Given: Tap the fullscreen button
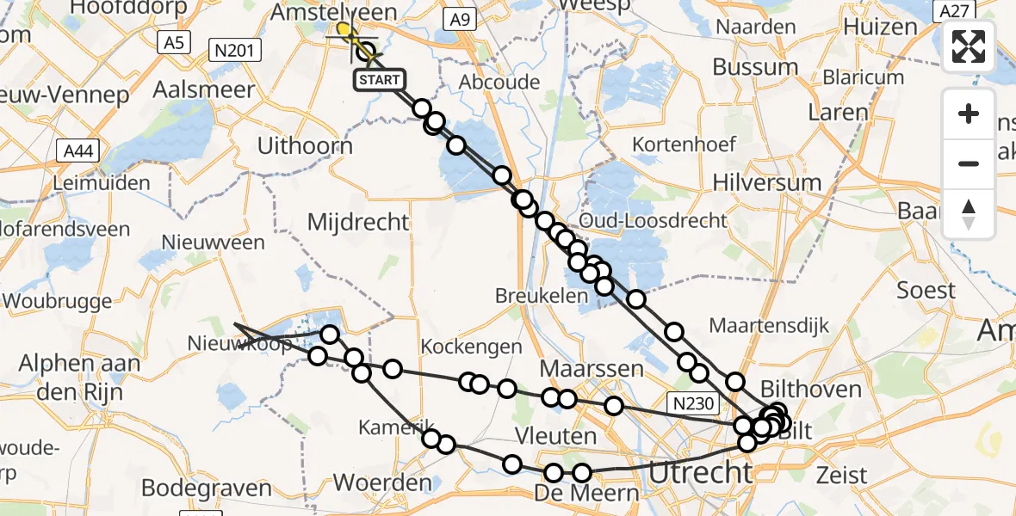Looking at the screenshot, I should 969,46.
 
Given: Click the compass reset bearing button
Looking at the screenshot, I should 969,214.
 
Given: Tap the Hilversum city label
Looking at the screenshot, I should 767,182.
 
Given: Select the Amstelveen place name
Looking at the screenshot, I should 333,12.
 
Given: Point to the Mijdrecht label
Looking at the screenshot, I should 359,222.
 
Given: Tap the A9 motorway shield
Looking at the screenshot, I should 461,18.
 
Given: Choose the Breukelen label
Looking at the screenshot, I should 530,295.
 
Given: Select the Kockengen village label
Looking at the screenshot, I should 472,347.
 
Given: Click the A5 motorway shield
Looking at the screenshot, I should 174,42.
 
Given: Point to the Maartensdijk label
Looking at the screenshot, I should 769,326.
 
